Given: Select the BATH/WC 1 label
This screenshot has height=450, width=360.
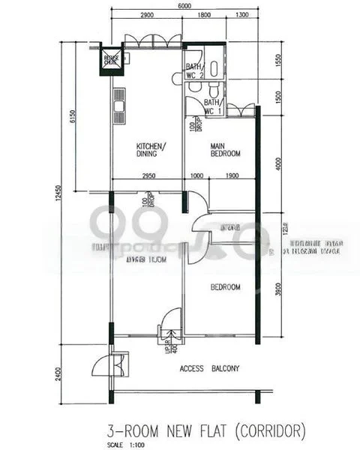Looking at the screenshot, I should click(x=212, y=106).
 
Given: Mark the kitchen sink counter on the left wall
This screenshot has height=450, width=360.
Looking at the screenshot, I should click(x=118, y=105).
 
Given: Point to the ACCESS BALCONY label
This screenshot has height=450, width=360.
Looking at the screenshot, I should click(x=210, y=369).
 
